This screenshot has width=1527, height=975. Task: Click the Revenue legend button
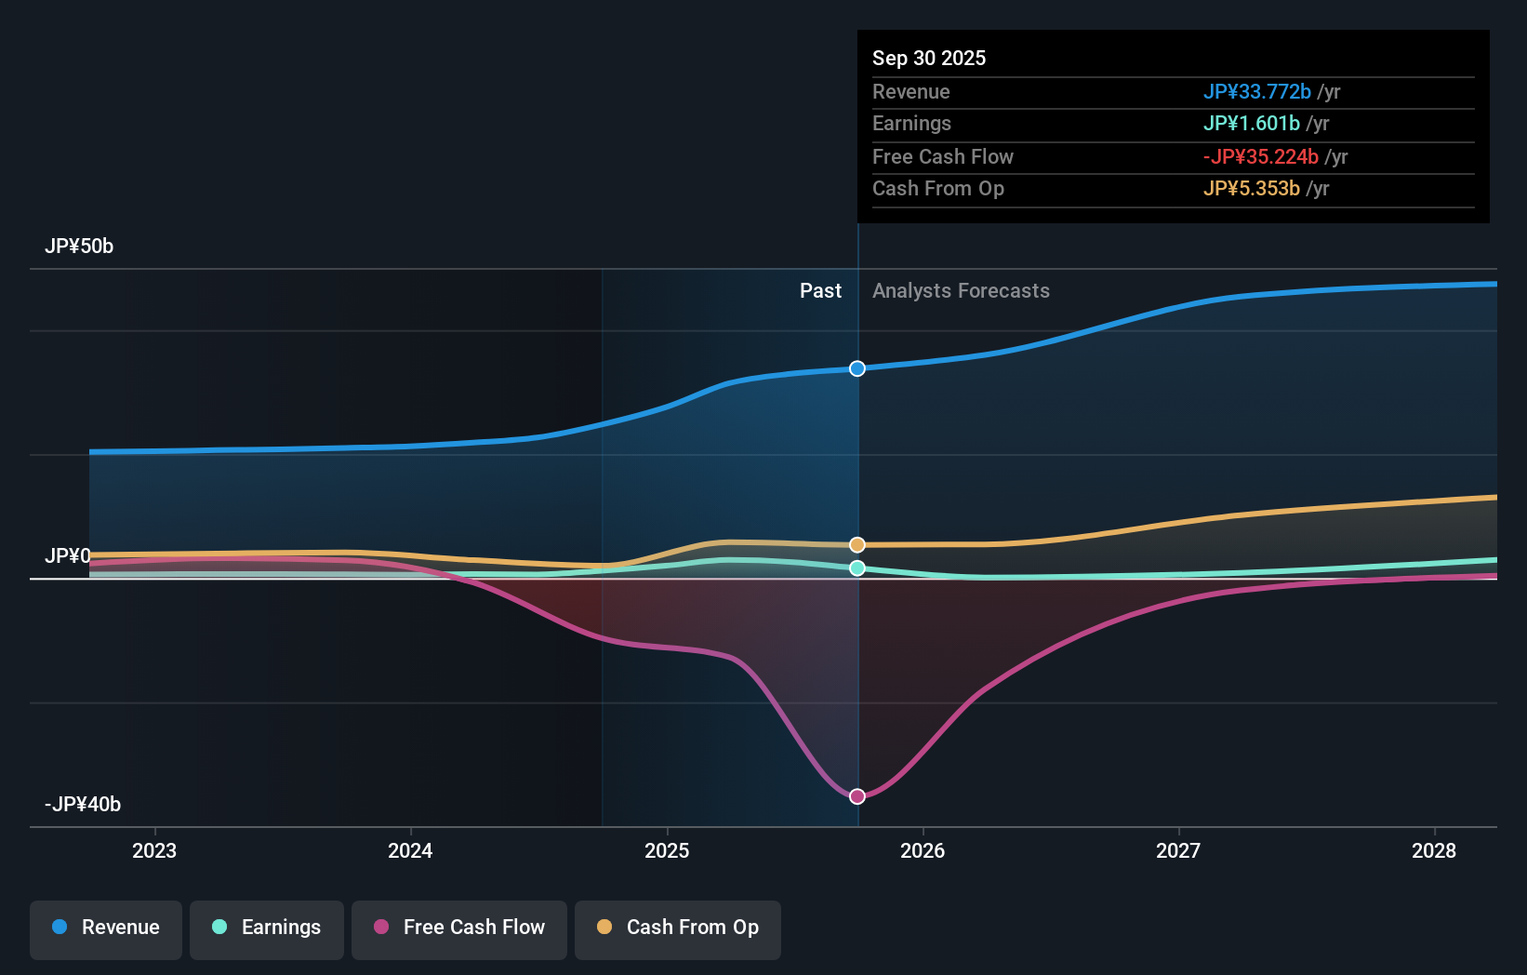[x=106, y=928]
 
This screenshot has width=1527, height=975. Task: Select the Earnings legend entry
[x=267, y=928]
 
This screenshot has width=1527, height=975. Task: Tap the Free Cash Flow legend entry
[x=459, y=928]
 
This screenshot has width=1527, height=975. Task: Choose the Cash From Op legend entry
[x=678, y=928]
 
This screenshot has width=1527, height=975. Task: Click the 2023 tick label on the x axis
[x=154, y=850]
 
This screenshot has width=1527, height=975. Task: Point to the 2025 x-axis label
[x=667, y=850]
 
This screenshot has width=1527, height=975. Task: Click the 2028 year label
[x=1433, y=850]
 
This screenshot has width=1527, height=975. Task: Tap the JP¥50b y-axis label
[x=79, y=247]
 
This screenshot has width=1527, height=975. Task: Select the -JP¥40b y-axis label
[x=83, y=805]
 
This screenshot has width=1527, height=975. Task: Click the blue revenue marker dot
[x=857, y=368]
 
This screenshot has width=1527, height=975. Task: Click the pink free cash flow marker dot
[x=857, y=796]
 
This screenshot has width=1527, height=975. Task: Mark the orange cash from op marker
[x=857, y=544]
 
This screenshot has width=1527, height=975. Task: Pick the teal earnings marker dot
[x=857, y=568]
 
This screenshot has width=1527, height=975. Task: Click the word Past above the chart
[x=820, y=291]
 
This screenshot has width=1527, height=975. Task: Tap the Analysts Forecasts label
[x=961, y=291]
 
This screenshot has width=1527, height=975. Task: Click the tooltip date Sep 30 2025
[x=929, y=58]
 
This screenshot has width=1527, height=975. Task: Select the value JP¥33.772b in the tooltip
[x=1256, y=91]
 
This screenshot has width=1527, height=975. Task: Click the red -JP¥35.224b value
[x=1260, y=156]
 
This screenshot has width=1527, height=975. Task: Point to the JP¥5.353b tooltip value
[x=1251, y=189]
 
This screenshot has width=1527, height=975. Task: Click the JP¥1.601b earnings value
[x=1251, y=124]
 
